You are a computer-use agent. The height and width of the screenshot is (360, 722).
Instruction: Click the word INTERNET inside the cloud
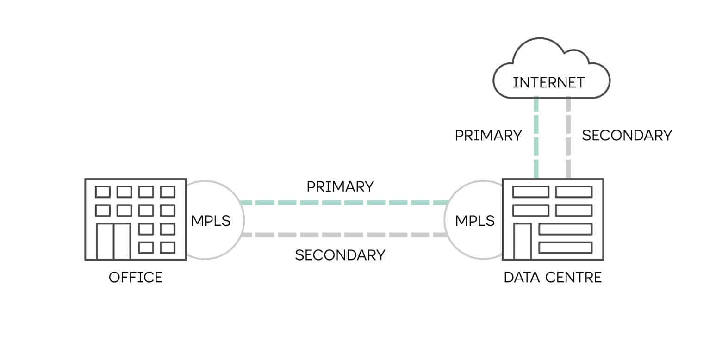tap(548, 83)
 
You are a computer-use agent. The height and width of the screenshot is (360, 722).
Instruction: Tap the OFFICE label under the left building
tap(136, 278)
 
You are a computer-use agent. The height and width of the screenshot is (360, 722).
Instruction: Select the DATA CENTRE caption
tap(553, 278)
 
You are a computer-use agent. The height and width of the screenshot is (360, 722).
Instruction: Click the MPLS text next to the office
tap(211, 221)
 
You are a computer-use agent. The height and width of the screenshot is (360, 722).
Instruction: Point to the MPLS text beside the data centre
tap(475, 221)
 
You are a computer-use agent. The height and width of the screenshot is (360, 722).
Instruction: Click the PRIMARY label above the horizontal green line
tap(340, 186)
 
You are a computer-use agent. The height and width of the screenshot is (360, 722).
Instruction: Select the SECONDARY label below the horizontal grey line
tap(340, 255)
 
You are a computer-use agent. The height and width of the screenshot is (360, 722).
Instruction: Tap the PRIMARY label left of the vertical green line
tap(488, 136)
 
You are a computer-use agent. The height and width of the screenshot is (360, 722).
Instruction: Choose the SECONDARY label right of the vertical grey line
tap(627, 136)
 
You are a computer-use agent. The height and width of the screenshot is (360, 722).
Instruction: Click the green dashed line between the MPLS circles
tap(342, 203)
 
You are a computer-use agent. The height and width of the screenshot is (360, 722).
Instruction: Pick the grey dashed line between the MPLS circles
tap(342, 235)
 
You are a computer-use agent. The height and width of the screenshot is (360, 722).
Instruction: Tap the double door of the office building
tap(113, 241)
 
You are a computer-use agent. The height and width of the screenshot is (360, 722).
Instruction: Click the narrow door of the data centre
tap(523, 241)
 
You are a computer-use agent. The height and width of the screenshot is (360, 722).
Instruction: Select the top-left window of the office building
tap(102, 192)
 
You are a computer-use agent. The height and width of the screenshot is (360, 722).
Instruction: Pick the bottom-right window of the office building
tap(167, 248)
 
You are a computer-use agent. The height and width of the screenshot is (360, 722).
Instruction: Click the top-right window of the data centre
tap(573, 192)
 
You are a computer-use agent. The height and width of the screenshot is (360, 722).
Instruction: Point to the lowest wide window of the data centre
tap(565, 248)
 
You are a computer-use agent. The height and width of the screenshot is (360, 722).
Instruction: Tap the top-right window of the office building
tap(167, 192)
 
